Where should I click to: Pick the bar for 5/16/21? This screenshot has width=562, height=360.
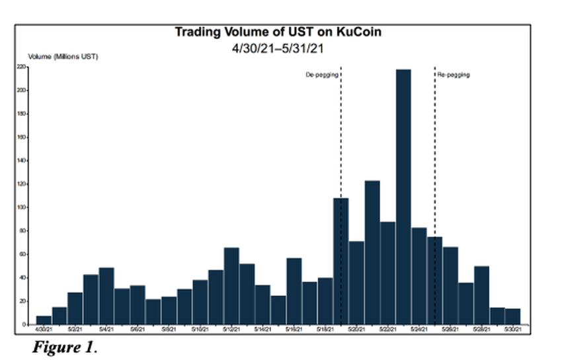click(294, 291)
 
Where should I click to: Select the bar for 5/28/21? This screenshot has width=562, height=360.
click(481, 295)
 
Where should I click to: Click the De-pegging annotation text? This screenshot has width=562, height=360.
click(322, 75)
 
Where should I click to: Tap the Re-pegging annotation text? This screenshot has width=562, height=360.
click(454, 75)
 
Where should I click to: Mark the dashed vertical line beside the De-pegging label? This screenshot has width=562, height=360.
click(341, 132)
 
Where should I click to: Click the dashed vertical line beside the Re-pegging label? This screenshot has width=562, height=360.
click(434, 132)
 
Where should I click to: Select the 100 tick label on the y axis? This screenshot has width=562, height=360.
click(21, 207)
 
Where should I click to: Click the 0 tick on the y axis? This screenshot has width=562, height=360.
click(24, 324)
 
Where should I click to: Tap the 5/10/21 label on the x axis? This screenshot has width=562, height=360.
click(200, 329)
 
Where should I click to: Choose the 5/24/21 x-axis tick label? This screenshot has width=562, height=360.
click(419, 329)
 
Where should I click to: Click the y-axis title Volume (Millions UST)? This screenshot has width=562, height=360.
click(63, 57)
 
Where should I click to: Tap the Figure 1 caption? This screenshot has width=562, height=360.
click(64, 347)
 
